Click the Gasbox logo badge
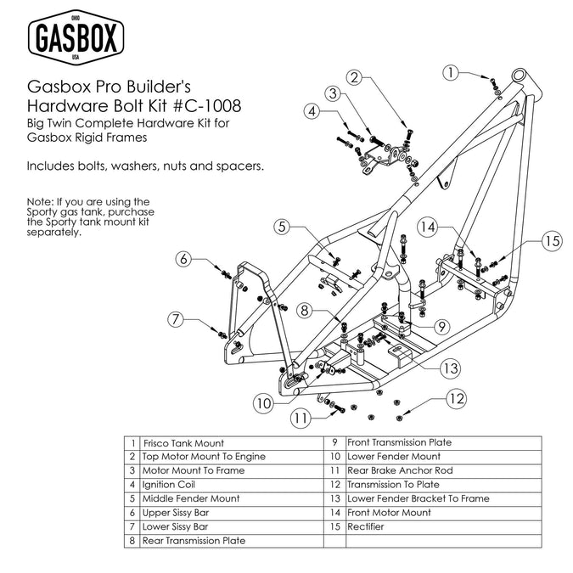[77, 38]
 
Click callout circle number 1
[454, 72]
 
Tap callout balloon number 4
[313, 111]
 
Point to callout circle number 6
[184, 259]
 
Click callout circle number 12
[457, 397]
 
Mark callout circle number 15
[552, 241]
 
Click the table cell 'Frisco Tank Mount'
[184, 443]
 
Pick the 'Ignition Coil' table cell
[171, 485]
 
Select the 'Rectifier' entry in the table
[366, 526]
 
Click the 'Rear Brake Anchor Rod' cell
[400, 470]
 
